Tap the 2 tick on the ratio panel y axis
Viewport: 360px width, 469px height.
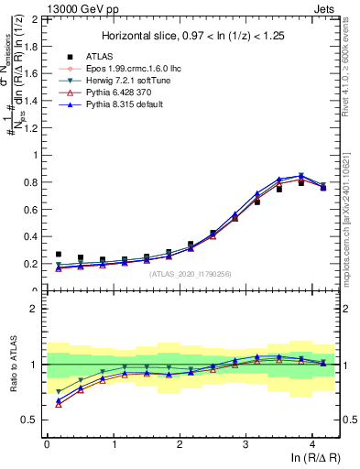(x=37, y=309)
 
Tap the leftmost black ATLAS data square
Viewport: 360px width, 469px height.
(x=59, y=255)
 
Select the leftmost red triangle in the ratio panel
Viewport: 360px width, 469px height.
(x=59, y=404)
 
